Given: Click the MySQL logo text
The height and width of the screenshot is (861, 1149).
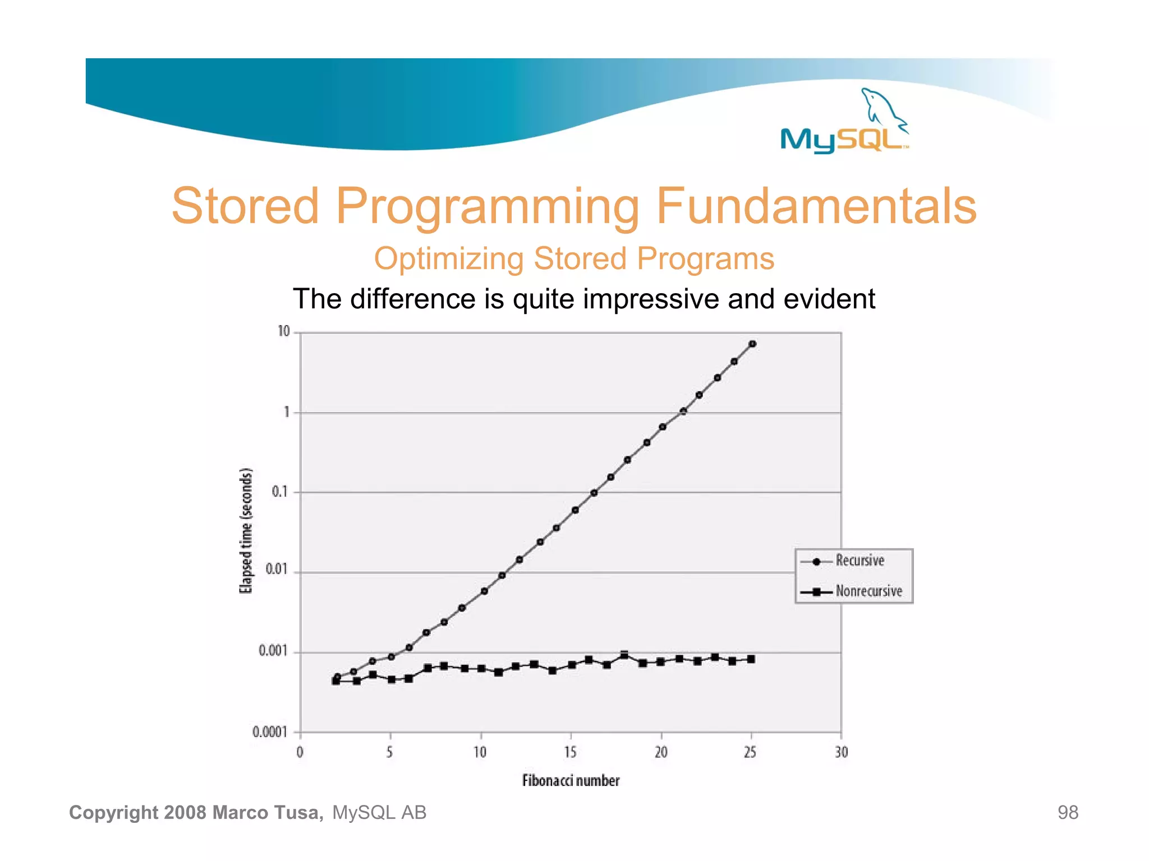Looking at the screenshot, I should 842,139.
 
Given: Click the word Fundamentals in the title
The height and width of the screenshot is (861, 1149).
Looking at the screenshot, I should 816,206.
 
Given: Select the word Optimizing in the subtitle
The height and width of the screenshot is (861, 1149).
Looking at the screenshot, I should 448,259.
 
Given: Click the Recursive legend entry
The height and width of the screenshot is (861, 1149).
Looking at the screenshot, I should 860,561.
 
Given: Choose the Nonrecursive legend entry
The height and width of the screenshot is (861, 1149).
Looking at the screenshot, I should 868,591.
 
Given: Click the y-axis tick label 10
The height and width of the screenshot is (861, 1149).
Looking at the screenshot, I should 284,332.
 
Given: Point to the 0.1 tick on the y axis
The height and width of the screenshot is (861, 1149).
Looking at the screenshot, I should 279,492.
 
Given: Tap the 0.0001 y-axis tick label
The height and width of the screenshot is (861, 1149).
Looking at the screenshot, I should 270,732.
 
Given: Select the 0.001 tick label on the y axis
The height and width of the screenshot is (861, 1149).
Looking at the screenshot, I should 273,651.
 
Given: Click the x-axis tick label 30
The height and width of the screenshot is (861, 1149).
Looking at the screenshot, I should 841,752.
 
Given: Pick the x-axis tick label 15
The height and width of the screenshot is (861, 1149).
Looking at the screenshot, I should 570,752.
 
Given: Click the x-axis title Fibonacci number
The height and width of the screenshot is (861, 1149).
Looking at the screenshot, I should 571,781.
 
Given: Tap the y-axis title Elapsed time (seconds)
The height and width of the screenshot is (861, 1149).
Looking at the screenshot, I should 246,530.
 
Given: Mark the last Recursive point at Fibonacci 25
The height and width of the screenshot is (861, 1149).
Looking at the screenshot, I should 752,344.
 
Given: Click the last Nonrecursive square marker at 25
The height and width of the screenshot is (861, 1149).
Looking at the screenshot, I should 751,659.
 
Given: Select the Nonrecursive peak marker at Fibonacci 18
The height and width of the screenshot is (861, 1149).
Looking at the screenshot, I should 624,655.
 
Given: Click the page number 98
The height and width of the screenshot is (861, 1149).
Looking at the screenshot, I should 1068,813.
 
